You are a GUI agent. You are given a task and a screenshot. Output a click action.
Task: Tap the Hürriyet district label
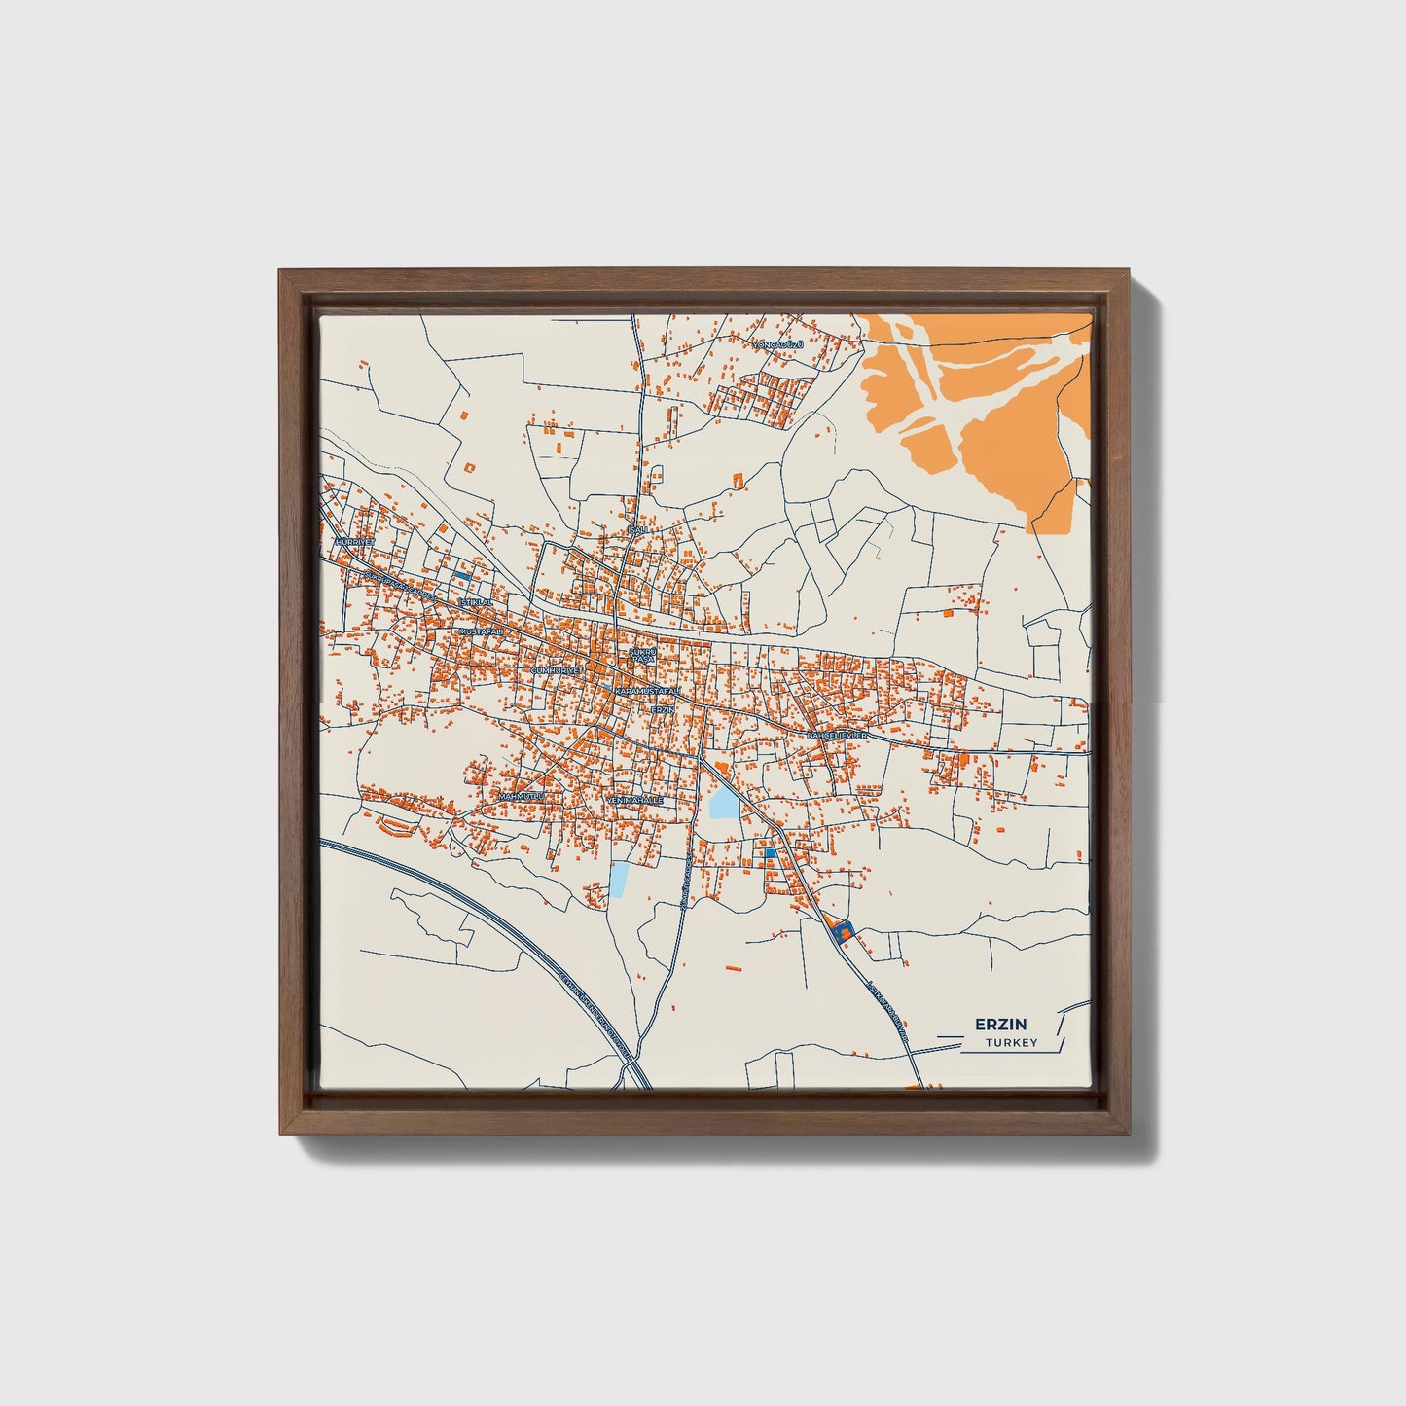353,541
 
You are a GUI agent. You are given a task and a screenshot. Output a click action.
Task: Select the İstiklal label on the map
477,602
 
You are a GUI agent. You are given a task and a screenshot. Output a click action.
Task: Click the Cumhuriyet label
557,671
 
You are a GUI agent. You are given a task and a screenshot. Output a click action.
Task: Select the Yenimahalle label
634,800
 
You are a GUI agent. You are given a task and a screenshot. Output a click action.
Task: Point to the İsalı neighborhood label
638,528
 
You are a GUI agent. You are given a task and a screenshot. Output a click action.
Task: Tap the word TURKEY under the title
1011,1043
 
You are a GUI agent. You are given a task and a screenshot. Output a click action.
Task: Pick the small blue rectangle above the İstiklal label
463,577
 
